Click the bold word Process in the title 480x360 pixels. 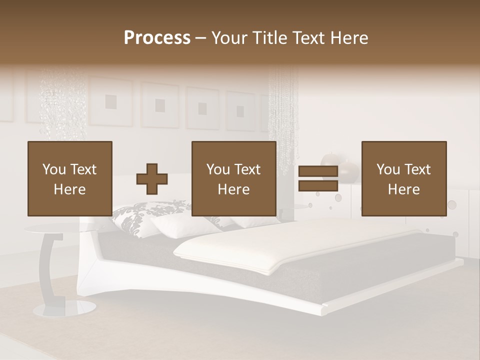coord(157,38)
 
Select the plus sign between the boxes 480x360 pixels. coord(152,179)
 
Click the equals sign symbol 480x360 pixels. coord(318,179)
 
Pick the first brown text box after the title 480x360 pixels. coord(69,179)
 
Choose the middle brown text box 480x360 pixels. coord(233,179)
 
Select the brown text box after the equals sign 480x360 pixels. coord(403,179)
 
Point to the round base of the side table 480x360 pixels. coord(58,309)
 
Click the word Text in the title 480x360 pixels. coord(308,38)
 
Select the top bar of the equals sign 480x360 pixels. coord(318,171)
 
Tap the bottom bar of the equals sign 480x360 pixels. coord(318,186)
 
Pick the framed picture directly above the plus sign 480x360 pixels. coord(159,105)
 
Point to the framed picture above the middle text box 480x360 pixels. coord(202,108)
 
